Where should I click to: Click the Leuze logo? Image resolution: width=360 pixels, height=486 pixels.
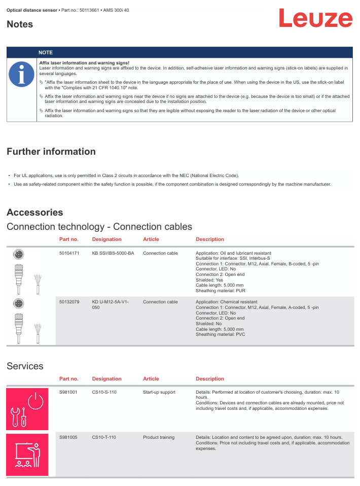(315, 19)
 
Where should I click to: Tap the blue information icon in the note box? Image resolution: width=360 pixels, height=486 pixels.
(21, 74)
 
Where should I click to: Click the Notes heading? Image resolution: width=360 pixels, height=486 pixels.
(20, 24)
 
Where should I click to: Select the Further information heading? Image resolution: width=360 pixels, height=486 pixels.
(51, 152)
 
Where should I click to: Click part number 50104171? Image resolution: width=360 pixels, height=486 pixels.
(69, 253)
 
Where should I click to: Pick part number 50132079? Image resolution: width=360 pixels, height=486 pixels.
(69, 302)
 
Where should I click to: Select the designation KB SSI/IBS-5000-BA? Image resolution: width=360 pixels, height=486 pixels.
(113, 253)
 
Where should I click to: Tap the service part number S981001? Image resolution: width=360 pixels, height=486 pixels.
(68, 392)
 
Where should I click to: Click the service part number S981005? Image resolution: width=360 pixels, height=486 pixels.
(68, 437)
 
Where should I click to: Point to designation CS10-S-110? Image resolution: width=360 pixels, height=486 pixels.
(104, 392)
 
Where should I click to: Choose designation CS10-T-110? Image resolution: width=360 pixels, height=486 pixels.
(104, 437)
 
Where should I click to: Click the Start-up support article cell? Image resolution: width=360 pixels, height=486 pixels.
(159, 392)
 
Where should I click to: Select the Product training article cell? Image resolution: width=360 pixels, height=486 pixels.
(159, 437)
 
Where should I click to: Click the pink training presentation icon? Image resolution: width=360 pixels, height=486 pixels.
(27, 455)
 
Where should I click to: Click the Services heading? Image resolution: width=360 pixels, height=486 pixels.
(25, 366)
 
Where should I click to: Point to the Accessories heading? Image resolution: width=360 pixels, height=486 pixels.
(35, 213)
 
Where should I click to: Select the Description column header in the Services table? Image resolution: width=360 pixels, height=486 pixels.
(210, 379)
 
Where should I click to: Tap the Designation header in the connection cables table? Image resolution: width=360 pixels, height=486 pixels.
(107, 239)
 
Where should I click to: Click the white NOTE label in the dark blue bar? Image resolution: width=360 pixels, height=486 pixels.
(46, 53)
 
